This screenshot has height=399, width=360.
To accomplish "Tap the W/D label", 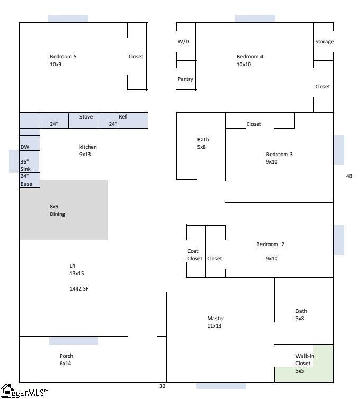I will pos(183,42).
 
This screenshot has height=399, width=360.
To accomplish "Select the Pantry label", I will pos(185,79).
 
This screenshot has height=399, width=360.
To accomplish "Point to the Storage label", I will pos(324,42).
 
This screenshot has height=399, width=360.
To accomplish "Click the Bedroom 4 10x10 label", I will pos(249,60).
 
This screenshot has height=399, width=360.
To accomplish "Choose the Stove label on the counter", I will pos(86,117).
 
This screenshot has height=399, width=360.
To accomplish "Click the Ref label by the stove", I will pos(123,117).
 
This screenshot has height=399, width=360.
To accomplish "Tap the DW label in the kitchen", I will pos(25,147).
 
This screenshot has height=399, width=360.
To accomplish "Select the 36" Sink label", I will pos(25,165).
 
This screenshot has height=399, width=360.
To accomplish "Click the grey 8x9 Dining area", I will pos(64,211).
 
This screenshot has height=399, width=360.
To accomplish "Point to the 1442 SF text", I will pos(79,289).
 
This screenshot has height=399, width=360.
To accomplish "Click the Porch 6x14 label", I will pos(66,360).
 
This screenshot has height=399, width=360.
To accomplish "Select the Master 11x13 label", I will pos(215,322).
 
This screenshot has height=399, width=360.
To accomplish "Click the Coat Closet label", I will pos(194,255).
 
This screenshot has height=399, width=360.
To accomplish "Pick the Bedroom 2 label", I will pos(270,244).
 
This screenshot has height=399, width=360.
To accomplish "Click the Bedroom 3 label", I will pos(279,155).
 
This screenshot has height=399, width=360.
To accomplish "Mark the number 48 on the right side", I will pos(349,176).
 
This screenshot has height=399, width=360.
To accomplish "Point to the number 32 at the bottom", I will pos(163,386).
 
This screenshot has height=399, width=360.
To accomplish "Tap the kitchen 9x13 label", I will pos(88,150).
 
